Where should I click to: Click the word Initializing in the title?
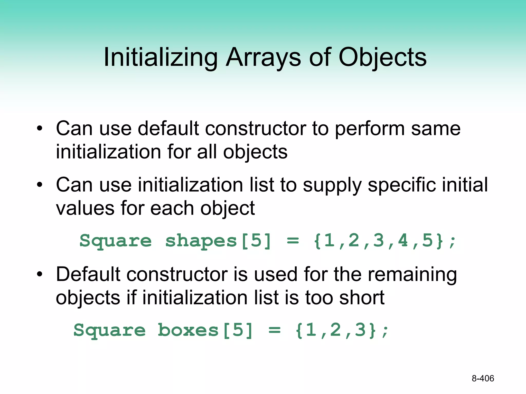(x=161, y=58)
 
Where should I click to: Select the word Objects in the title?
(x=382, y=58)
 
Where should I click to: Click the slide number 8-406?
(x=483, y=378)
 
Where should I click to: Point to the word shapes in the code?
(x=201, y=241)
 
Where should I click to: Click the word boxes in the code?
(x=188, y=330)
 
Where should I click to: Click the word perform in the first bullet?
(x=370, y=129)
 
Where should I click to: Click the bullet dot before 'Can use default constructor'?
(x=39, y=128)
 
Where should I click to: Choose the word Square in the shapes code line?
(x=116, y=241)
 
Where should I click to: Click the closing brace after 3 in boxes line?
(x=372, y=330)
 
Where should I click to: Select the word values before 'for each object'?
(x=85, y=208)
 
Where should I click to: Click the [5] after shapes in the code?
(x=256, y=241)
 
